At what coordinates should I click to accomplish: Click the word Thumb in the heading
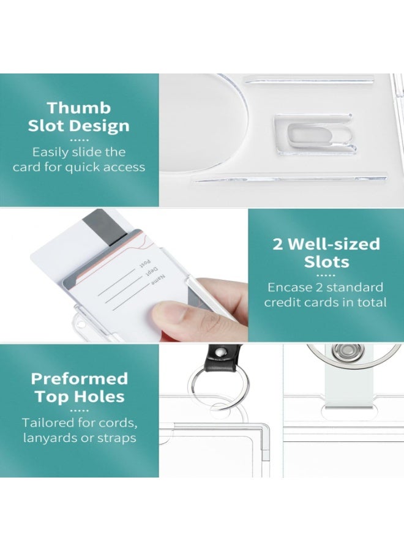pos(79,108)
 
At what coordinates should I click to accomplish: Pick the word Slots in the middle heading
pos(327,262)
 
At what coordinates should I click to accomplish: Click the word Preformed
pos(80,379)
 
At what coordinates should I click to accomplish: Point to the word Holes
pos(103,397)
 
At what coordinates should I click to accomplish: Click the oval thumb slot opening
pos(320,135)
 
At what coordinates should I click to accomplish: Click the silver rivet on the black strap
pos(220,353)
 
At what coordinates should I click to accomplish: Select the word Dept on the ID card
pos(153,271)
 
